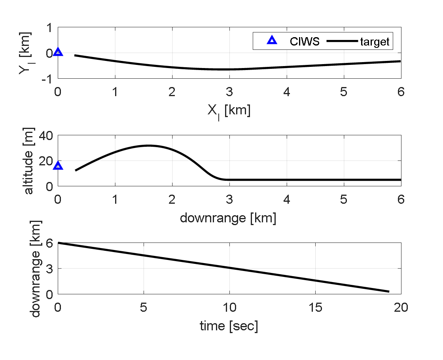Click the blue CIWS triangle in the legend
271,40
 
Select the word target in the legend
374,41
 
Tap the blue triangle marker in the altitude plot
58,166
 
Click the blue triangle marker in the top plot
58,52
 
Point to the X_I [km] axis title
229,111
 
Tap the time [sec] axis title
229,326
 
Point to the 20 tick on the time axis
401,307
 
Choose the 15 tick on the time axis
315,307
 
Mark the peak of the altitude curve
149,146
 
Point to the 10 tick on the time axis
229,307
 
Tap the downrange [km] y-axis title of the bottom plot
36,269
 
